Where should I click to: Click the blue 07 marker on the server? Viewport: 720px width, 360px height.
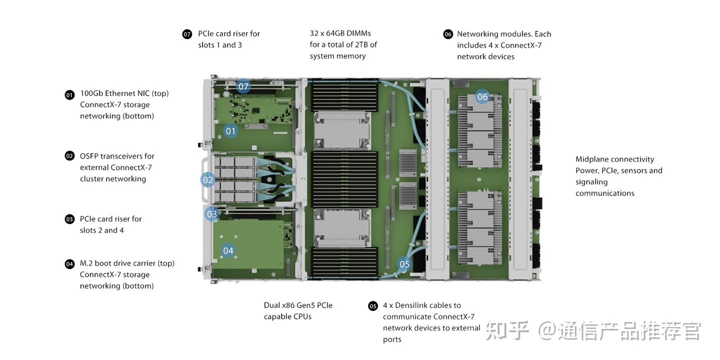click(243, 86)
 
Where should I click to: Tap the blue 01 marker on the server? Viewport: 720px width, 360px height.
click(230, 131)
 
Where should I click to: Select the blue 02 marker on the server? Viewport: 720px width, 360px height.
click(208, 180)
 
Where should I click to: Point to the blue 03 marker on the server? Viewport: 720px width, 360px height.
click(212, 214)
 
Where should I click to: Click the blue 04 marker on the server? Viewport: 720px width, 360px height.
click(228, 250)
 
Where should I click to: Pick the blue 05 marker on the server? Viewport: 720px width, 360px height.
click(404, 264)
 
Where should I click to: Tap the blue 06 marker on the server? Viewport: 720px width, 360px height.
click(482, 96)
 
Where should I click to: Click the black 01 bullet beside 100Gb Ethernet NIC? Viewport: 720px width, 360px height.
click(69, 95)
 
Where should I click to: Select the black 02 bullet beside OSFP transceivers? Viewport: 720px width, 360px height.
click(69, 156)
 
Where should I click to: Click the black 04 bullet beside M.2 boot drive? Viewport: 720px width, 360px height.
click(69, 264)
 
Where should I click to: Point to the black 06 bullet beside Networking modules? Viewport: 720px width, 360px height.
click(448, 34)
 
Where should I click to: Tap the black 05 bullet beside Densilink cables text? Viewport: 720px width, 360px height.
click(373, 306)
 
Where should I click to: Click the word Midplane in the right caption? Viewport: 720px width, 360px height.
click(592, 159)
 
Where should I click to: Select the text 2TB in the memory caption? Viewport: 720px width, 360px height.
click(361, 44)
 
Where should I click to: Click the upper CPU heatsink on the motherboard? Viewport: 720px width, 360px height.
click(341, 129)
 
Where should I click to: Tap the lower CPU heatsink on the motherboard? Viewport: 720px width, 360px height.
click(341, 228)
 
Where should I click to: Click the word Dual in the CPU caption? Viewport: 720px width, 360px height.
click(272, 305)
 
